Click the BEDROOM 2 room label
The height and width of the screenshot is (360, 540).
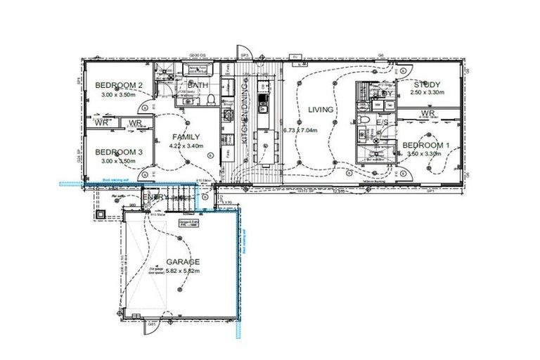coord(120,86)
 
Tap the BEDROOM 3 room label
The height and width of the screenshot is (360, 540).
coord(120,151)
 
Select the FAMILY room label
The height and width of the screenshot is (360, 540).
coord(186,137)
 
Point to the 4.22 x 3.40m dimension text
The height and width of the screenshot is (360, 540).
coord(186,146)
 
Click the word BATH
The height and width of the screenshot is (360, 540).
coord(198,86)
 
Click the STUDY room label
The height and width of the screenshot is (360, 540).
coord(426,84)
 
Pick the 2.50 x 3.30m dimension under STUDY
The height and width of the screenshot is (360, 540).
coord(426,93)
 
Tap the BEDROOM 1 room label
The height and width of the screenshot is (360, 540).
coord(426,146)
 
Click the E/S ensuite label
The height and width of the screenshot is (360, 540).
coord(383,122)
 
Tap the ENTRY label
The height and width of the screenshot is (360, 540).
coord(156,198)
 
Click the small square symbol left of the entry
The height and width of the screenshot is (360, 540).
coord(103,214)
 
